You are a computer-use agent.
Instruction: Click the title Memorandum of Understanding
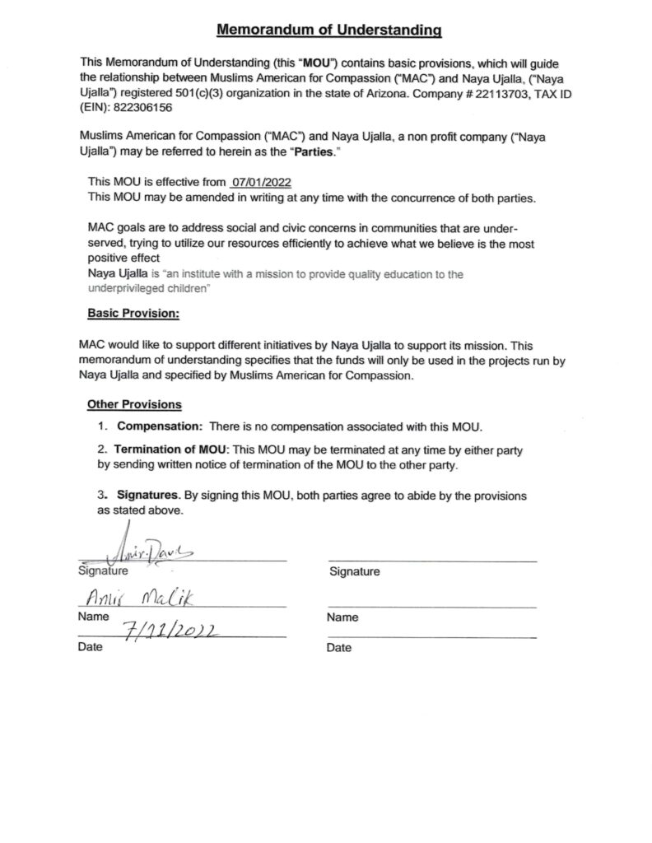[329, 30]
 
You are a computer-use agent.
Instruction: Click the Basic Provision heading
[133, 314]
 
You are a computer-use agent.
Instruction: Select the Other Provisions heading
[134, 404]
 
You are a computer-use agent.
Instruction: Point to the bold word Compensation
[160, 426]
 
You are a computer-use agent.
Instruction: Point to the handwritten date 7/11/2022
[168, 631]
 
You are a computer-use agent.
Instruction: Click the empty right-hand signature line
[431, 561]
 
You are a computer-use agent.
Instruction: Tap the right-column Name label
[342, 617]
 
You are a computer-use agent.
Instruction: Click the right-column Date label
[339, 648]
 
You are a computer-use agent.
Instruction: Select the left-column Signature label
[103, 571]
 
